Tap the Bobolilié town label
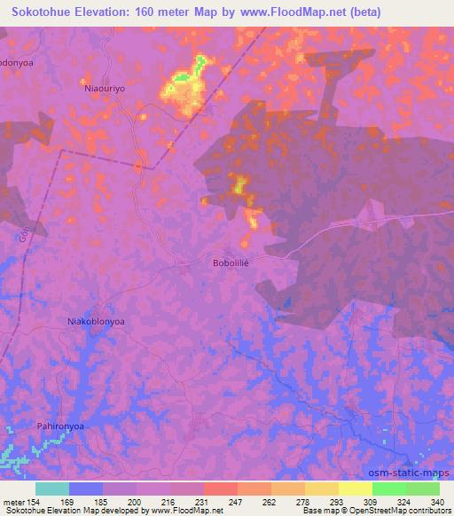click(234, 263)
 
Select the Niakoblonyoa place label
click(97, 321)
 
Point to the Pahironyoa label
click(60, 426)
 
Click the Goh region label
click(23, 236)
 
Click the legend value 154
click(35, 503)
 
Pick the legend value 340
click(436, 503)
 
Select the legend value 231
click(202, 503)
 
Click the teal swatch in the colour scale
click(51, 489)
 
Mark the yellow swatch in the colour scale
click(355, 489)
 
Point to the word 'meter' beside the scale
click(13, 503)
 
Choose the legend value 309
click(372, 503)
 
